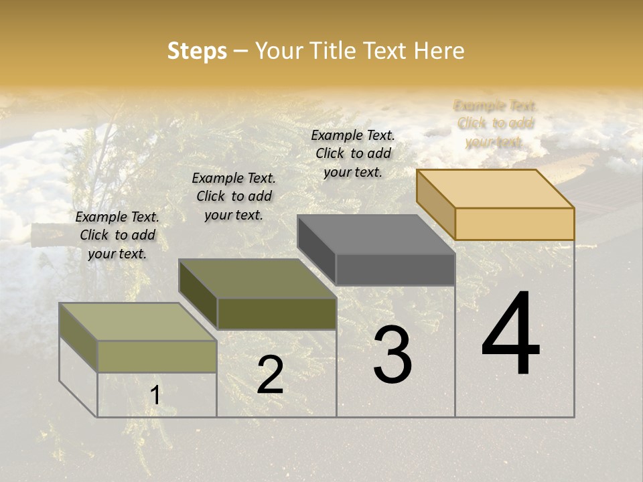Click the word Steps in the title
197,51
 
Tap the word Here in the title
439,51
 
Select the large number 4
511,334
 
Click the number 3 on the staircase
392,355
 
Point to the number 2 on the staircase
270,375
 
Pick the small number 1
155,396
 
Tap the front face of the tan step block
514,224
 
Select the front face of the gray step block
395,269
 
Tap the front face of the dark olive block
277,313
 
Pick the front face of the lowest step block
157,356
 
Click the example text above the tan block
495,124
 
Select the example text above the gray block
353,153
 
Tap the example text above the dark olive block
234,196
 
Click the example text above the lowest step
117,235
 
